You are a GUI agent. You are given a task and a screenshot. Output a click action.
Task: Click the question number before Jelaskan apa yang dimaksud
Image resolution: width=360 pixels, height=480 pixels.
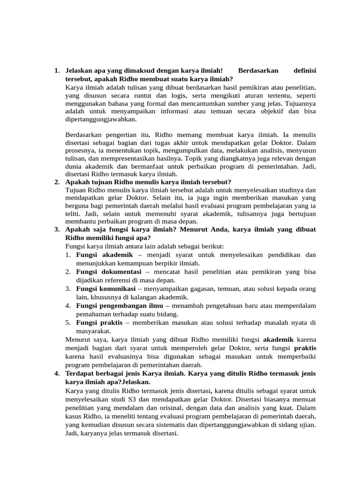coord(56,70)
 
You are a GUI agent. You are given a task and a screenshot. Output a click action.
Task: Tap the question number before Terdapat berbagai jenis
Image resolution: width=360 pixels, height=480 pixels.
coord(56,374)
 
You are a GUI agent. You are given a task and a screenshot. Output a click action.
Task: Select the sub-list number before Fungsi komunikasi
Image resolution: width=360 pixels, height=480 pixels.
coord(68,288)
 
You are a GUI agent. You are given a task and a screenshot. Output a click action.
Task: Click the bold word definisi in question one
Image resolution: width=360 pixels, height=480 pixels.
coord(304,70)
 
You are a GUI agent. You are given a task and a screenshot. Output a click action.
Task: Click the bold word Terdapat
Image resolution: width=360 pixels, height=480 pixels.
coord(82,374)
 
